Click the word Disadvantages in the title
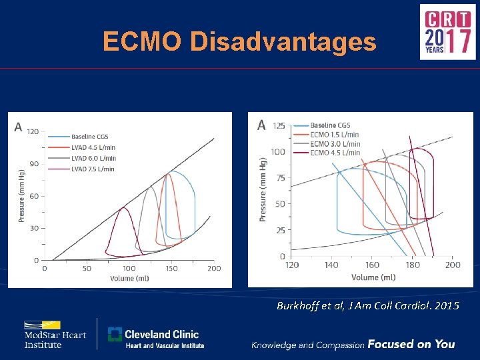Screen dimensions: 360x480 (283, 42)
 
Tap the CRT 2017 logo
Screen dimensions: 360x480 (447, 31)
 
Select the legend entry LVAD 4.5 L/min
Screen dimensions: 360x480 (93, 147)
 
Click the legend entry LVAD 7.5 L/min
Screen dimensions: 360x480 (93, 169)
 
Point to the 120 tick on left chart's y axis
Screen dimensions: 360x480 (33, 131)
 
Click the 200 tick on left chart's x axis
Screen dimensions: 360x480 (213, 269)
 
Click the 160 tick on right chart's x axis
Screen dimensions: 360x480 (372, 265)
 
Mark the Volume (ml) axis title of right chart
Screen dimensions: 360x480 (374, 277)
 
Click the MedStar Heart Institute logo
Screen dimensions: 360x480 (55, 335)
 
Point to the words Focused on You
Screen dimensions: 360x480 (411, 344)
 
